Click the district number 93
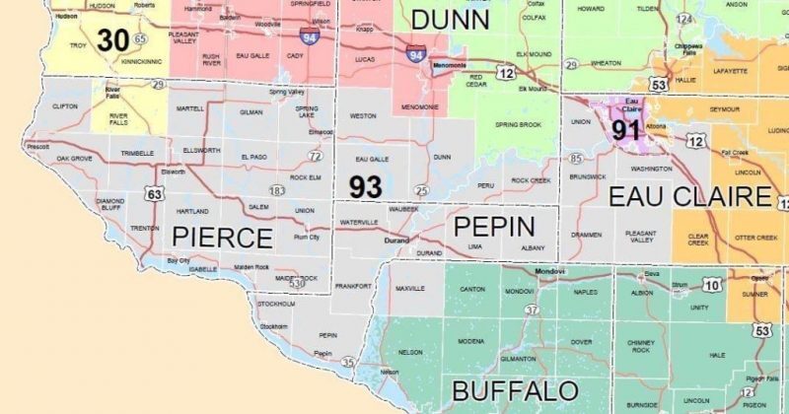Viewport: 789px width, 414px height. [369, 184]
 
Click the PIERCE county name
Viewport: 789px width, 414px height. [222, 238]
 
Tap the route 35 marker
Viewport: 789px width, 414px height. [348, 363]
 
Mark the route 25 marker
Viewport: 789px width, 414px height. [421, 189]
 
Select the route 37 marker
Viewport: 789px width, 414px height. [533, 310]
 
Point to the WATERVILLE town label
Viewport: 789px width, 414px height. [359, 224]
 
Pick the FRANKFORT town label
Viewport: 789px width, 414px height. [353, 284]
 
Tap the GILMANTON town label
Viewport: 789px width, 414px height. [519, 359]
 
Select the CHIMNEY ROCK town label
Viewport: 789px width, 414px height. [640, 346]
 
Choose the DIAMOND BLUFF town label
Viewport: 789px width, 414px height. [110, 204]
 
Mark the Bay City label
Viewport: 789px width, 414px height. [179, 260]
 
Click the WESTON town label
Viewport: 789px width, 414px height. [363, 116]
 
